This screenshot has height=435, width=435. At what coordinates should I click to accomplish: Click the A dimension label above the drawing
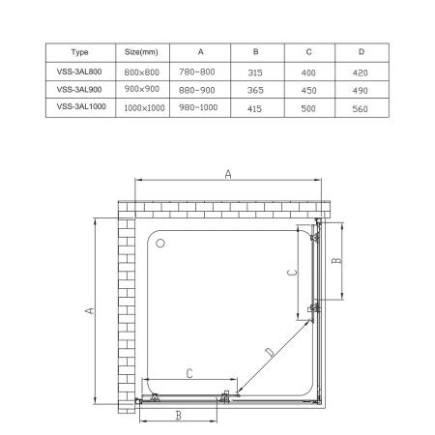[227, 174]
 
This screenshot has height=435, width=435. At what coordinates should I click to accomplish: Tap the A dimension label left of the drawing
[87, 312]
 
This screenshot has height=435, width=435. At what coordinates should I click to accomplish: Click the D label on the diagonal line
[270, 352]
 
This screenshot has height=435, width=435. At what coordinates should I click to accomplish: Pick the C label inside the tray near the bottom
[189, 372]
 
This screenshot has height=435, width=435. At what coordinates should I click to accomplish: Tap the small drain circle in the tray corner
[161, 245]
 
